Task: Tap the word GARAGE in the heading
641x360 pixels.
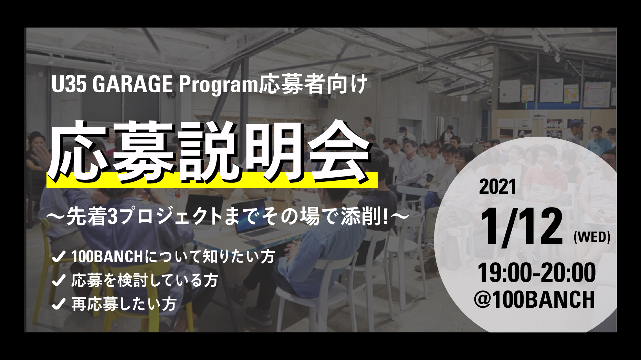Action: click(132, 84)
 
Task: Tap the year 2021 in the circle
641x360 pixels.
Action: click(498, 187)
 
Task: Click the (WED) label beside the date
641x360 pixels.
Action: click(592, 237)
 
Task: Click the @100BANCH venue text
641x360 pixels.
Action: click(534, 299)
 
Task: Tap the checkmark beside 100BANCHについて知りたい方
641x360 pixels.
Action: click(59, 256)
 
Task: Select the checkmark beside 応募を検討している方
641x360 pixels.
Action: click(59, 280)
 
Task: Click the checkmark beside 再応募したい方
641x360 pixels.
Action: click(59, 304)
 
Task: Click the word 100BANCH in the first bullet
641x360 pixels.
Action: click(107, 257)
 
